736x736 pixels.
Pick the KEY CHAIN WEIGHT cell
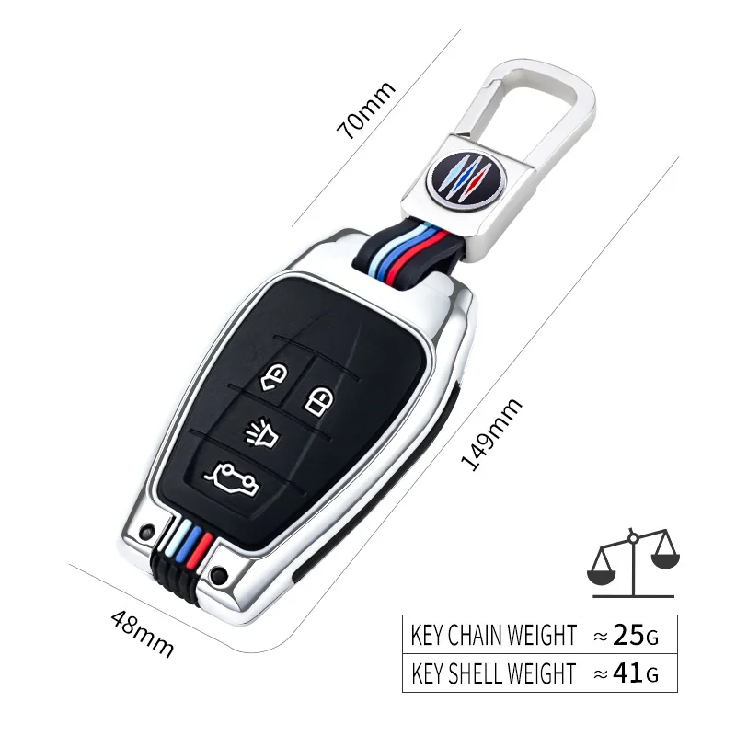[492, 634]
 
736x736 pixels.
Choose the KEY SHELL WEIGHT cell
[492, 673]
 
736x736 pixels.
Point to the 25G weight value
[630, 634]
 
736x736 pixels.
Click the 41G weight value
[630, 673]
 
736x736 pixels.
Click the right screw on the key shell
[218, 576]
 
